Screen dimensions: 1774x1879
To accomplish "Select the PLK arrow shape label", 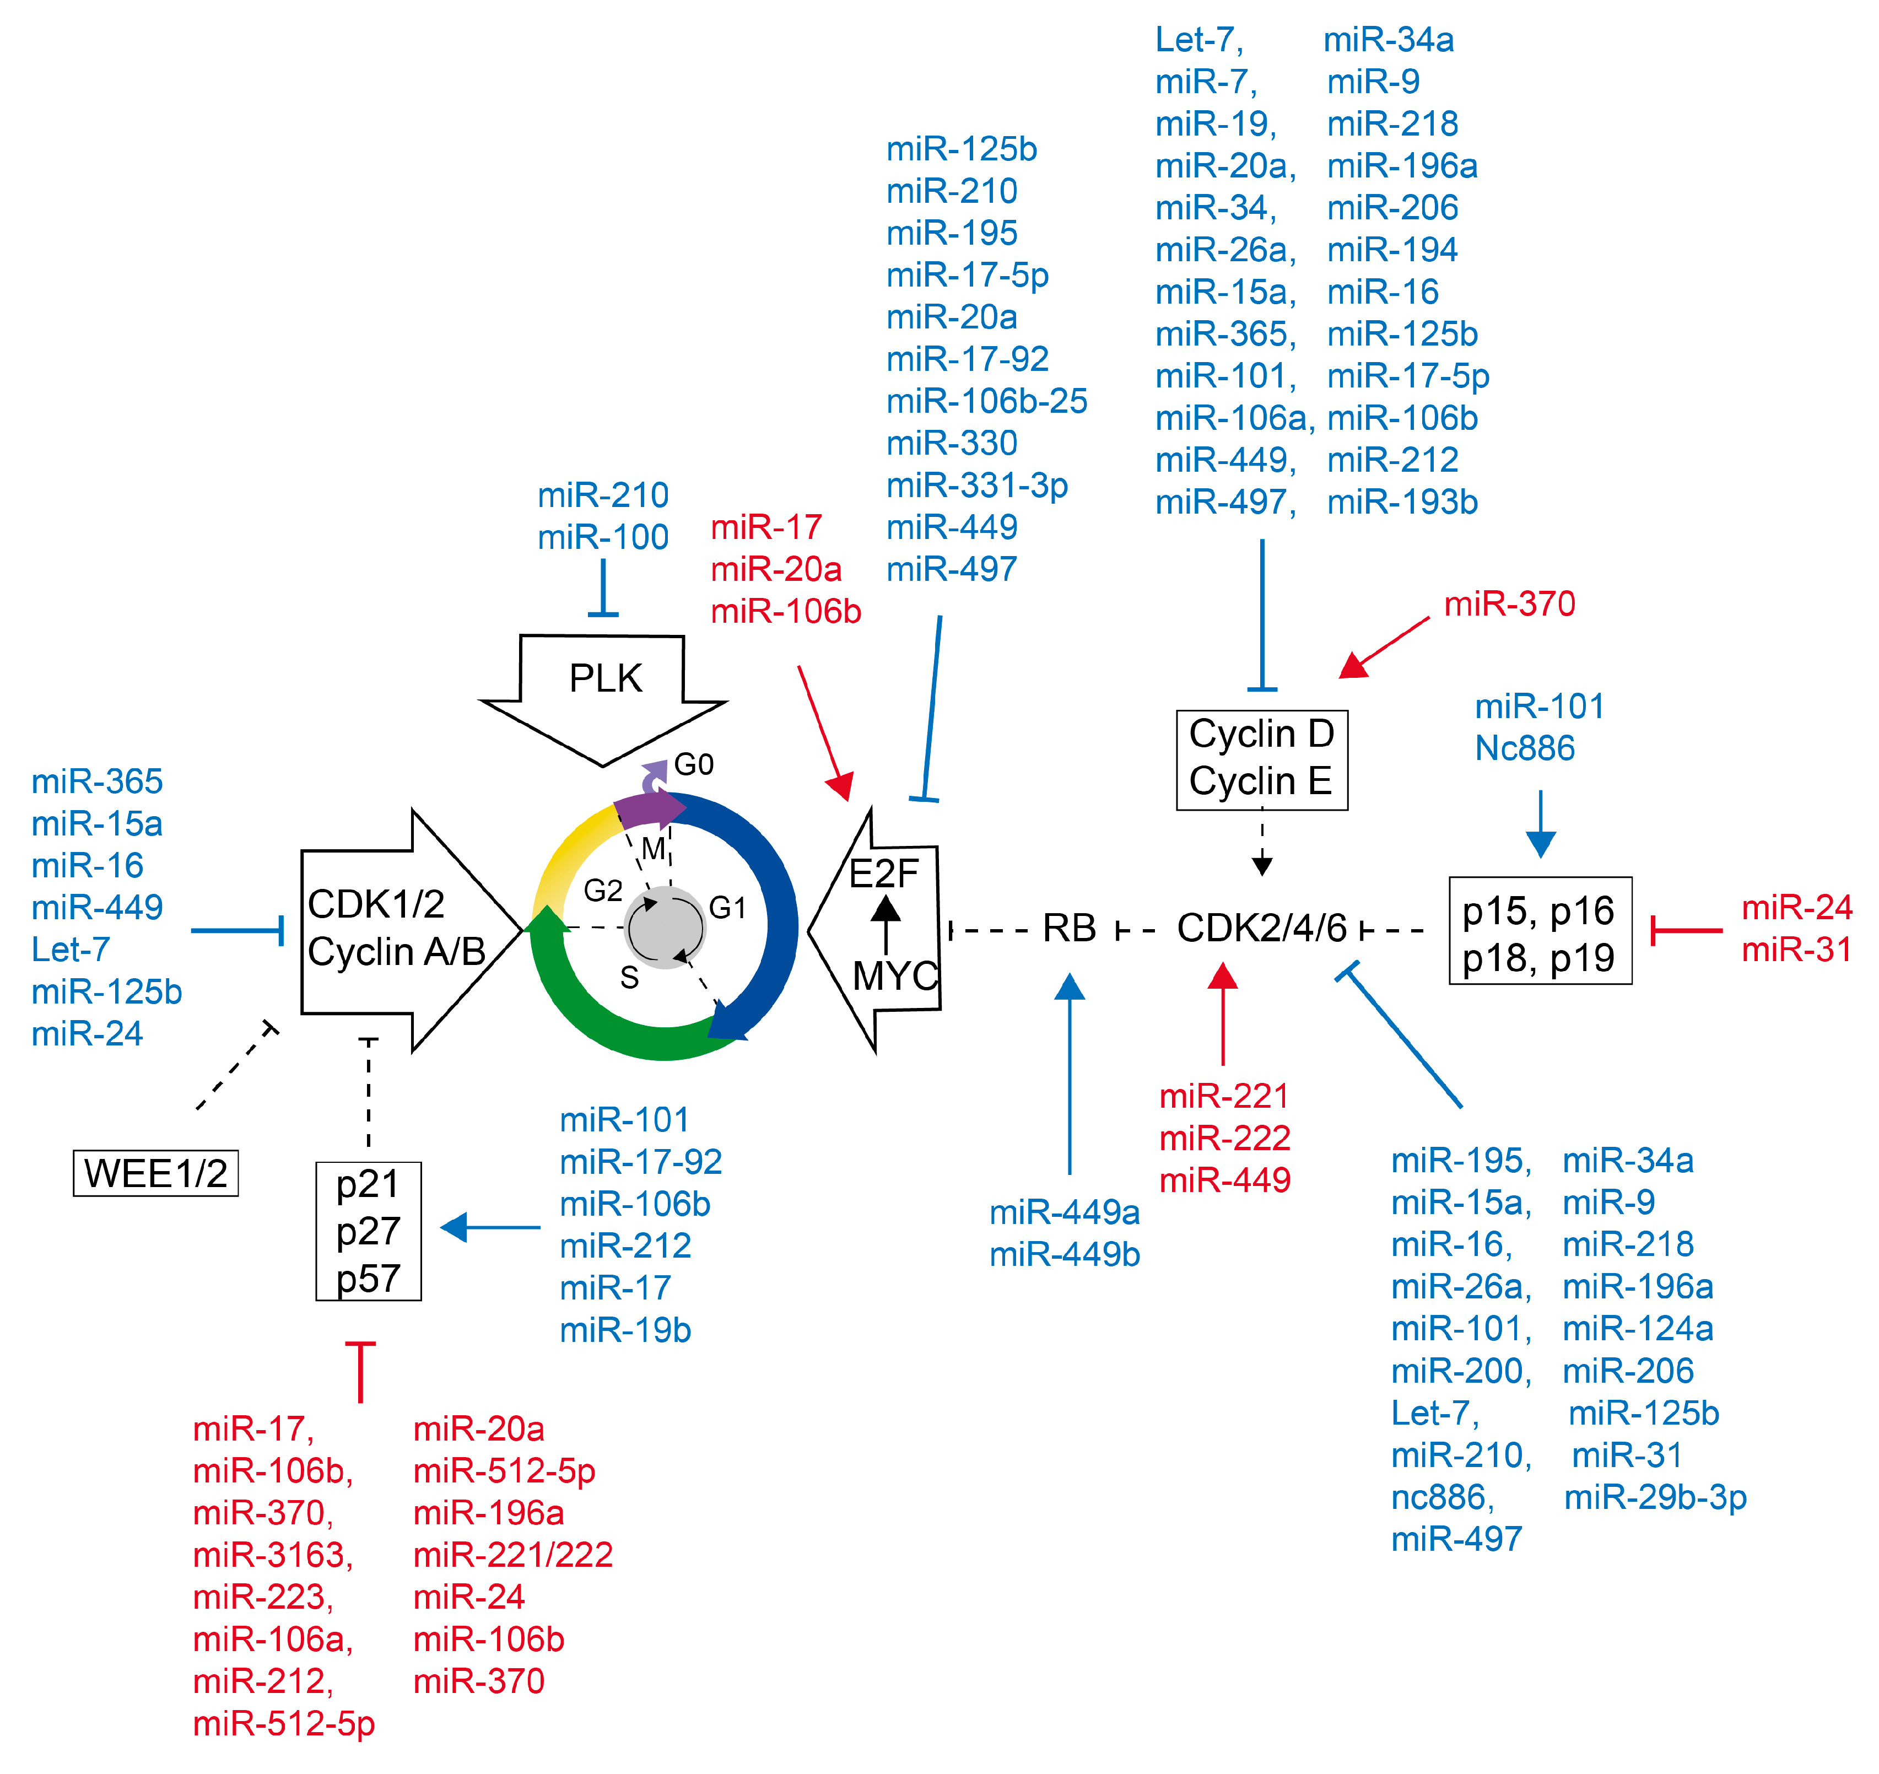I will click(x=605, y=678).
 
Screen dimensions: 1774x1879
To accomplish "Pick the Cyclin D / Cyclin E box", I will click(x=1261, y=759).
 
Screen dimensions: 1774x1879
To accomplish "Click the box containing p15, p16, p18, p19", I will click(x=1540, y=931).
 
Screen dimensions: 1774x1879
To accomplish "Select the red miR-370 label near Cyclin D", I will click(x=1509, y=603).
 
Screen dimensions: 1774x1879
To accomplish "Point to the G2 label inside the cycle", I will click(x=602, y=890).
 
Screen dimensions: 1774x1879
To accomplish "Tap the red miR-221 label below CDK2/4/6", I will click(x=1224, y=1096).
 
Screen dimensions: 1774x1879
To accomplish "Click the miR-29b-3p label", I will click(x=1655, y=1497).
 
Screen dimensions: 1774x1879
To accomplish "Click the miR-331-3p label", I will click(x=977, y=485).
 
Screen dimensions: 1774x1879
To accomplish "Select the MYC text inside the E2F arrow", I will click(x=894, y=976).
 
